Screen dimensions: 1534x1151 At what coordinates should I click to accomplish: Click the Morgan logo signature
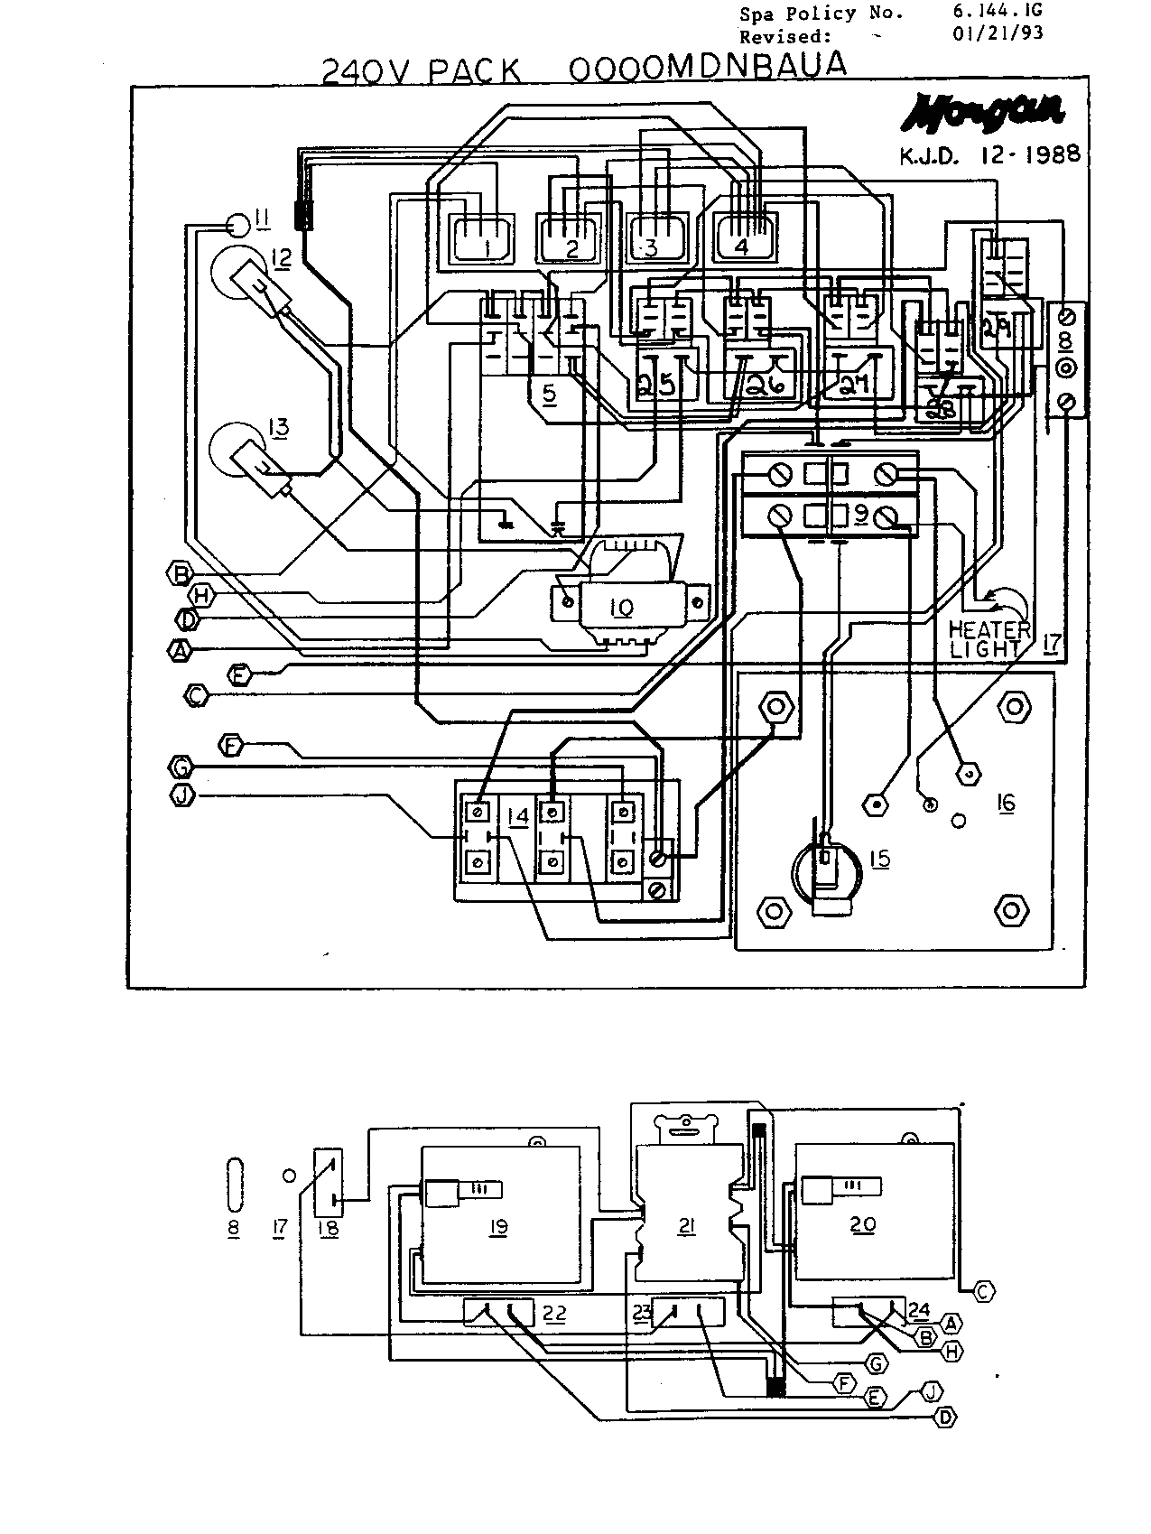tap(985, 113)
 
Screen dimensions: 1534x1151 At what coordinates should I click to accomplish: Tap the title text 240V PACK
tap(422, 70)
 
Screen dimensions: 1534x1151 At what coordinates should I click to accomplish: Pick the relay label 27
tap(854, 385)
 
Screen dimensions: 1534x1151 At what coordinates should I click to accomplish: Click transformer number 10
tap(623, 606)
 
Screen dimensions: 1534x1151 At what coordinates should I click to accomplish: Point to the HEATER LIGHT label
tap(989, 638)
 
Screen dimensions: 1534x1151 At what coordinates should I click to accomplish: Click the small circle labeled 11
tap(237, 222)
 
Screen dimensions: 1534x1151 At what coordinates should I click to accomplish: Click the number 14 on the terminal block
tap(518, 816)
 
